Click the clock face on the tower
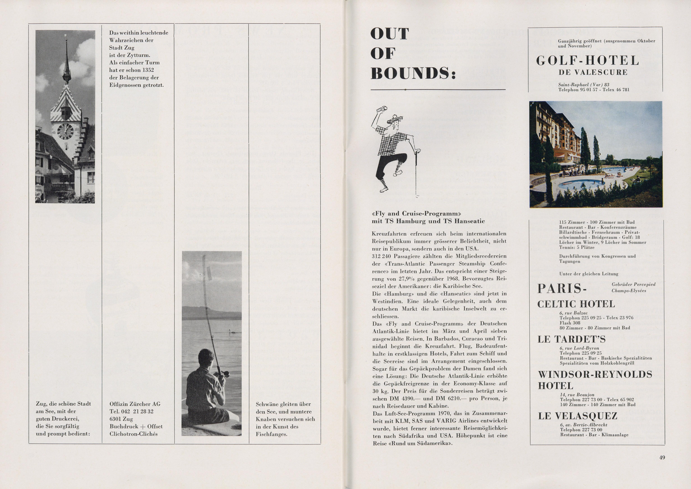[65, 132]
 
